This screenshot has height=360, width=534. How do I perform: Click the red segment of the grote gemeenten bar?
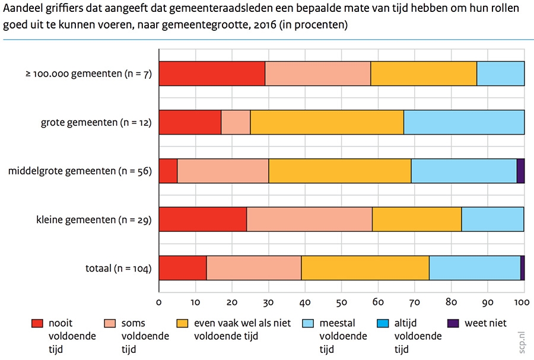click(190, 122)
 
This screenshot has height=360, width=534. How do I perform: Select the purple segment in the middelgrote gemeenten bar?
click(520, 171)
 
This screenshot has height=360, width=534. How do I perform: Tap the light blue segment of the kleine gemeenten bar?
click(492, 219)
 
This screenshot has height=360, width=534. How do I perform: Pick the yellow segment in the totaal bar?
click(365, 268)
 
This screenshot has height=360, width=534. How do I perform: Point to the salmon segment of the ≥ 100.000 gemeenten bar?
click(317, 74)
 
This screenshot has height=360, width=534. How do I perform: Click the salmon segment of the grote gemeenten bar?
click(236, 122)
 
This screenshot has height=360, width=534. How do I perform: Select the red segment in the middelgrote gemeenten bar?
click(168, 171)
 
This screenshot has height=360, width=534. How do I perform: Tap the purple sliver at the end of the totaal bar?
click(522, 268)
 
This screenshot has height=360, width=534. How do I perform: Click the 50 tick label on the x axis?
click(341, 302)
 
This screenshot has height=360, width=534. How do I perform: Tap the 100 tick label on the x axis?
click(523, 302)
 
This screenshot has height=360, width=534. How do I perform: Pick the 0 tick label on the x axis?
click(159, 302)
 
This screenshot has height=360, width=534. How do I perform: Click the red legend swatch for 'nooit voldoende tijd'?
click(38, 323)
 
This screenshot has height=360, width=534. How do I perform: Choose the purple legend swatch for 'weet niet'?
click(454, 323)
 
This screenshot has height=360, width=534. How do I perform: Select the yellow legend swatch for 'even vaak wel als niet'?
click(183, 323)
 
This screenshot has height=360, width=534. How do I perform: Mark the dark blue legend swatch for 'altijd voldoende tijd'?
click(383, 323)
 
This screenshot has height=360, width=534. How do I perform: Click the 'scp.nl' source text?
click(523, 343)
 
